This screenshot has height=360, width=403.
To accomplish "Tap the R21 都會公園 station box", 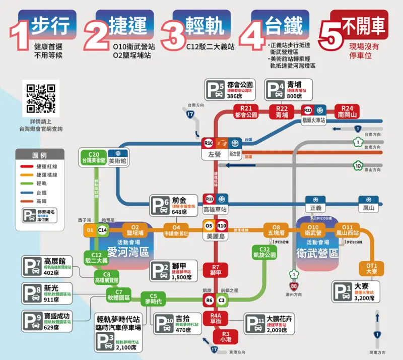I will coord(246,111).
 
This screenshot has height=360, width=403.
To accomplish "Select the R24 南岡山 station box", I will coord(347,111).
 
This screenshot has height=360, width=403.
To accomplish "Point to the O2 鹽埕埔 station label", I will coord(135,230).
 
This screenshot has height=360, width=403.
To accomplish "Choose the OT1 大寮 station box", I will coord(371,268).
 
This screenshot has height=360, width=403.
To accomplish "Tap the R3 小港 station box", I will coord(225,336).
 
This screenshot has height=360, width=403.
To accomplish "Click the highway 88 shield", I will coord(294,286).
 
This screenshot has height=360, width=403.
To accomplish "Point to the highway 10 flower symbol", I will coord(358,165).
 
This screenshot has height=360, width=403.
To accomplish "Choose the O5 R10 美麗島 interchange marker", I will coord(215,225).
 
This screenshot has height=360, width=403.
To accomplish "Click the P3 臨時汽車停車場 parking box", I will coord(118,333).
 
